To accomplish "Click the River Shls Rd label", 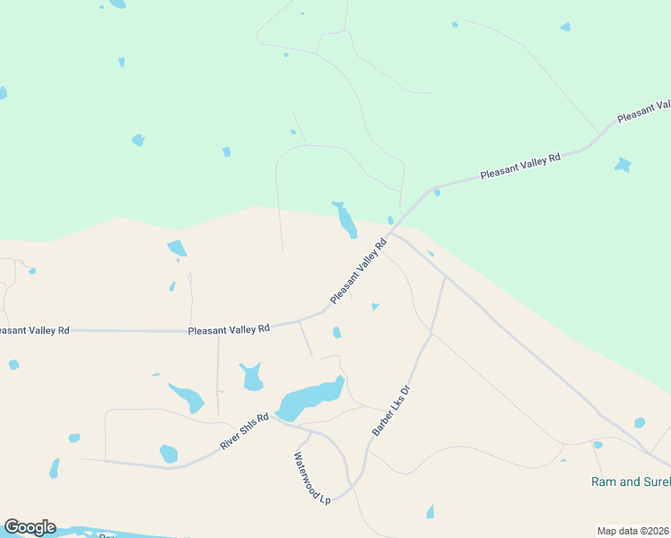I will click(x=245, y=432).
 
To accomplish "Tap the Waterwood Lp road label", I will click(x=311, y=478).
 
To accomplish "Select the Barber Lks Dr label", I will click(x=391, y=412).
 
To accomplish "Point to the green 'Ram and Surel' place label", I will click(x=630, y=482).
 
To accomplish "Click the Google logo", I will click(x=30, y=527).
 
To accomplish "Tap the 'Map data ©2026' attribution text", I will click(x=633, y=530).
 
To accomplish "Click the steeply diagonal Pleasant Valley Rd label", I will click(x=358, y=270).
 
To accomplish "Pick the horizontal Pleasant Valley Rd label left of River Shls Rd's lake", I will click(x=229, y=329).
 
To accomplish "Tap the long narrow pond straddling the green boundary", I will click(x=345, y=221).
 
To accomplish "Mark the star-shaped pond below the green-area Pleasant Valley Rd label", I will click(x=622, y=165).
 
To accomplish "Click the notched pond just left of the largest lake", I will click(x=252, y=377).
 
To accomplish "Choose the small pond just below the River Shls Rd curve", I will click(x=169, y=454).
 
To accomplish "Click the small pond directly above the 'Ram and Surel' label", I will click(x=597, y=445).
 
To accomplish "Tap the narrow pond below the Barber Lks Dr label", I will click(x=430, y=512).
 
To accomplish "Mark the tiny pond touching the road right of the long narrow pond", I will click(x=390, y=221).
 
